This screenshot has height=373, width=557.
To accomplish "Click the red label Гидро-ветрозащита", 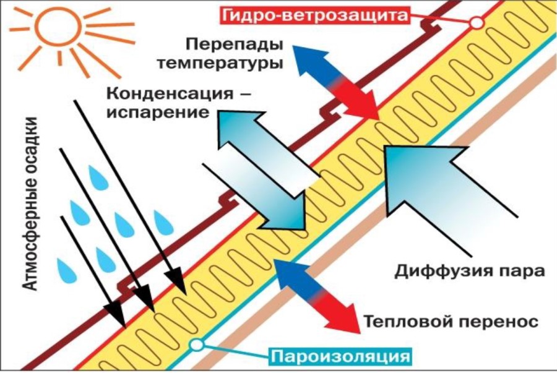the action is pyautogui.click(x=315, y=15).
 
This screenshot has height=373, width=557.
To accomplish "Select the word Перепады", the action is pyautogui.click(x=235, y=45).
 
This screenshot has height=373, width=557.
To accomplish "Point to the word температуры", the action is pyautogui.click(x=220, y=63).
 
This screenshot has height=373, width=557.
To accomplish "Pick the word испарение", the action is pyautogui.click(x=158, y=113).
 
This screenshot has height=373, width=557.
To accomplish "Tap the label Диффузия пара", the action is pyautogui.click(x=470, y=271).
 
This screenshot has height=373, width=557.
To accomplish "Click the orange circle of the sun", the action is pyautogui.click(x=58, y=27).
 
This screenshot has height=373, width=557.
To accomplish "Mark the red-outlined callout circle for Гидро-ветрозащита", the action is pyautogui.click(x=477, y=23).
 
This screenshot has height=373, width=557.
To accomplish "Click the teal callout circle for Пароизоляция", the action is pyautogui.click(x=196, y=345).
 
